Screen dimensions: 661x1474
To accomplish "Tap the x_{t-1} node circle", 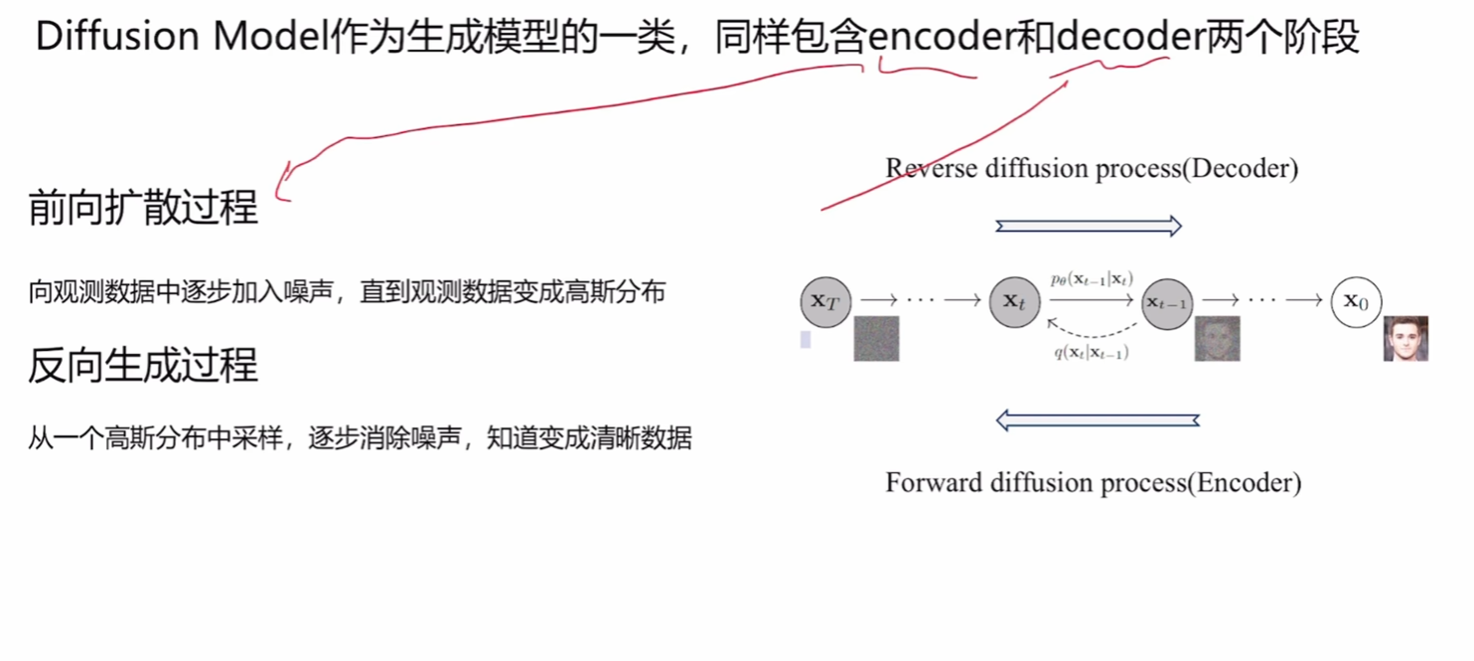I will pos(1167,302).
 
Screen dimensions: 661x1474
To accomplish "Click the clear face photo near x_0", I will pos(1405,338).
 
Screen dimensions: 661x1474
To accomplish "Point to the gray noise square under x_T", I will pos(876,338).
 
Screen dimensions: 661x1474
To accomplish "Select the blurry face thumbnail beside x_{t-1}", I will pos(1217,338).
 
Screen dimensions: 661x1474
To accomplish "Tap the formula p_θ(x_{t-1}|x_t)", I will pos(1092,279).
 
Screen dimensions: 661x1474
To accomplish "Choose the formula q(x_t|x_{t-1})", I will pos(1091,353).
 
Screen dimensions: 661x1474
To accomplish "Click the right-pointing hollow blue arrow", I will pos(1089,227).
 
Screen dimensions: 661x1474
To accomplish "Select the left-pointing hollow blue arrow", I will pos(1098,420).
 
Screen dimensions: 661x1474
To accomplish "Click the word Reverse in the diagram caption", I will pos(930,168).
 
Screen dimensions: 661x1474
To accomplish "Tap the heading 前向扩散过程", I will pos(143,208).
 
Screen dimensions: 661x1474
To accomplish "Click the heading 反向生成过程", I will pos(143,366).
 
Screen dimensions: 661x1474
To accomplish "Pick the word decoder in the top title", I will pos(1131,38).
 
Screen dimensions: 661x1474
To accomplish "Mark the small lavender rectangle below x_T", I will pos(806,339).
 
